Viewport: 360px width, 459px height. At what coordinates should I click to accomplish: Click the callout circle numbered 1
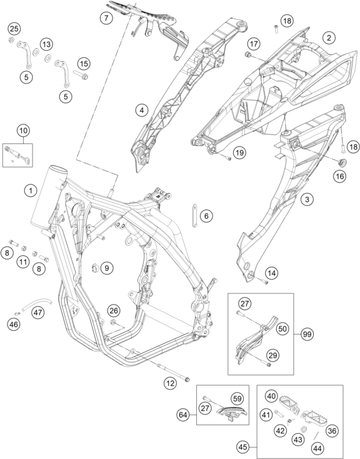31,191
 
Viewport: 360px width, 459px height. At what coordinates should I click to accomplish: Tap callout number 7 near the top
106,18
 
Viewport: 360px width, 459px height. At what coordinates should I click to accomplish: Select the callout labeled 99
307,334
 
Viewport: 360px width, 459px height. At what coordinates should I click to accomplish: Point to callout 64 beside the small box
183,415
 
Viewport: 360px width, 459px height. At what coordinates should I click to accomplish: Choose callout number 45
243,447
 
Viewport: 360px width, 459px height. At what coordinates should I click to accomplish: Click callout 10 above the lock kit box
23,130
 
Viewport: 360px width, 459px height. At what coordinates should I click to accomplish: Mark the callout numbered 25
14,29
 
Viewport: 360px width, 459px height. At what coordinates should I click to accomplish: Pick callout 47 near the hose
37,313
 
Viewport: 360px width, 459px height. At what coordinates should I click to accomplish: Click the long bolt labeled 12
173,372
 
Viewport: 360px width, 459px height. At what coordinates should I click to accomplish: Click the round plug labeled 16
342,162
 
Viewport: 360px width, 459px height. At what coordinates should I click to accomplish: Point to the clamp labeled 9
95,267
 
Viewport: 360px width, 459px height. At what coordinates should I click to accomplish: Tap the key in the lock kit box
26,159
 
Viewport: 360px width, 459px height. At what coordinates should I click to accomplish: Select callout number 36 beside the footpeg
332,431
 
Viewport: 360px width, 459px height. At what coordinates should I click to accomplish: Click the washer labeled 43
304,429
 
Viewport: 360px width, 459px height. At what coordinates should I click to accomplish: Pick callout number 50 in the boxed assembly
282,329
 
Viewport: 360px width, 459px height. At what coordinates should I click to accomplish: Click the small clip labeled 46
17,313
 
